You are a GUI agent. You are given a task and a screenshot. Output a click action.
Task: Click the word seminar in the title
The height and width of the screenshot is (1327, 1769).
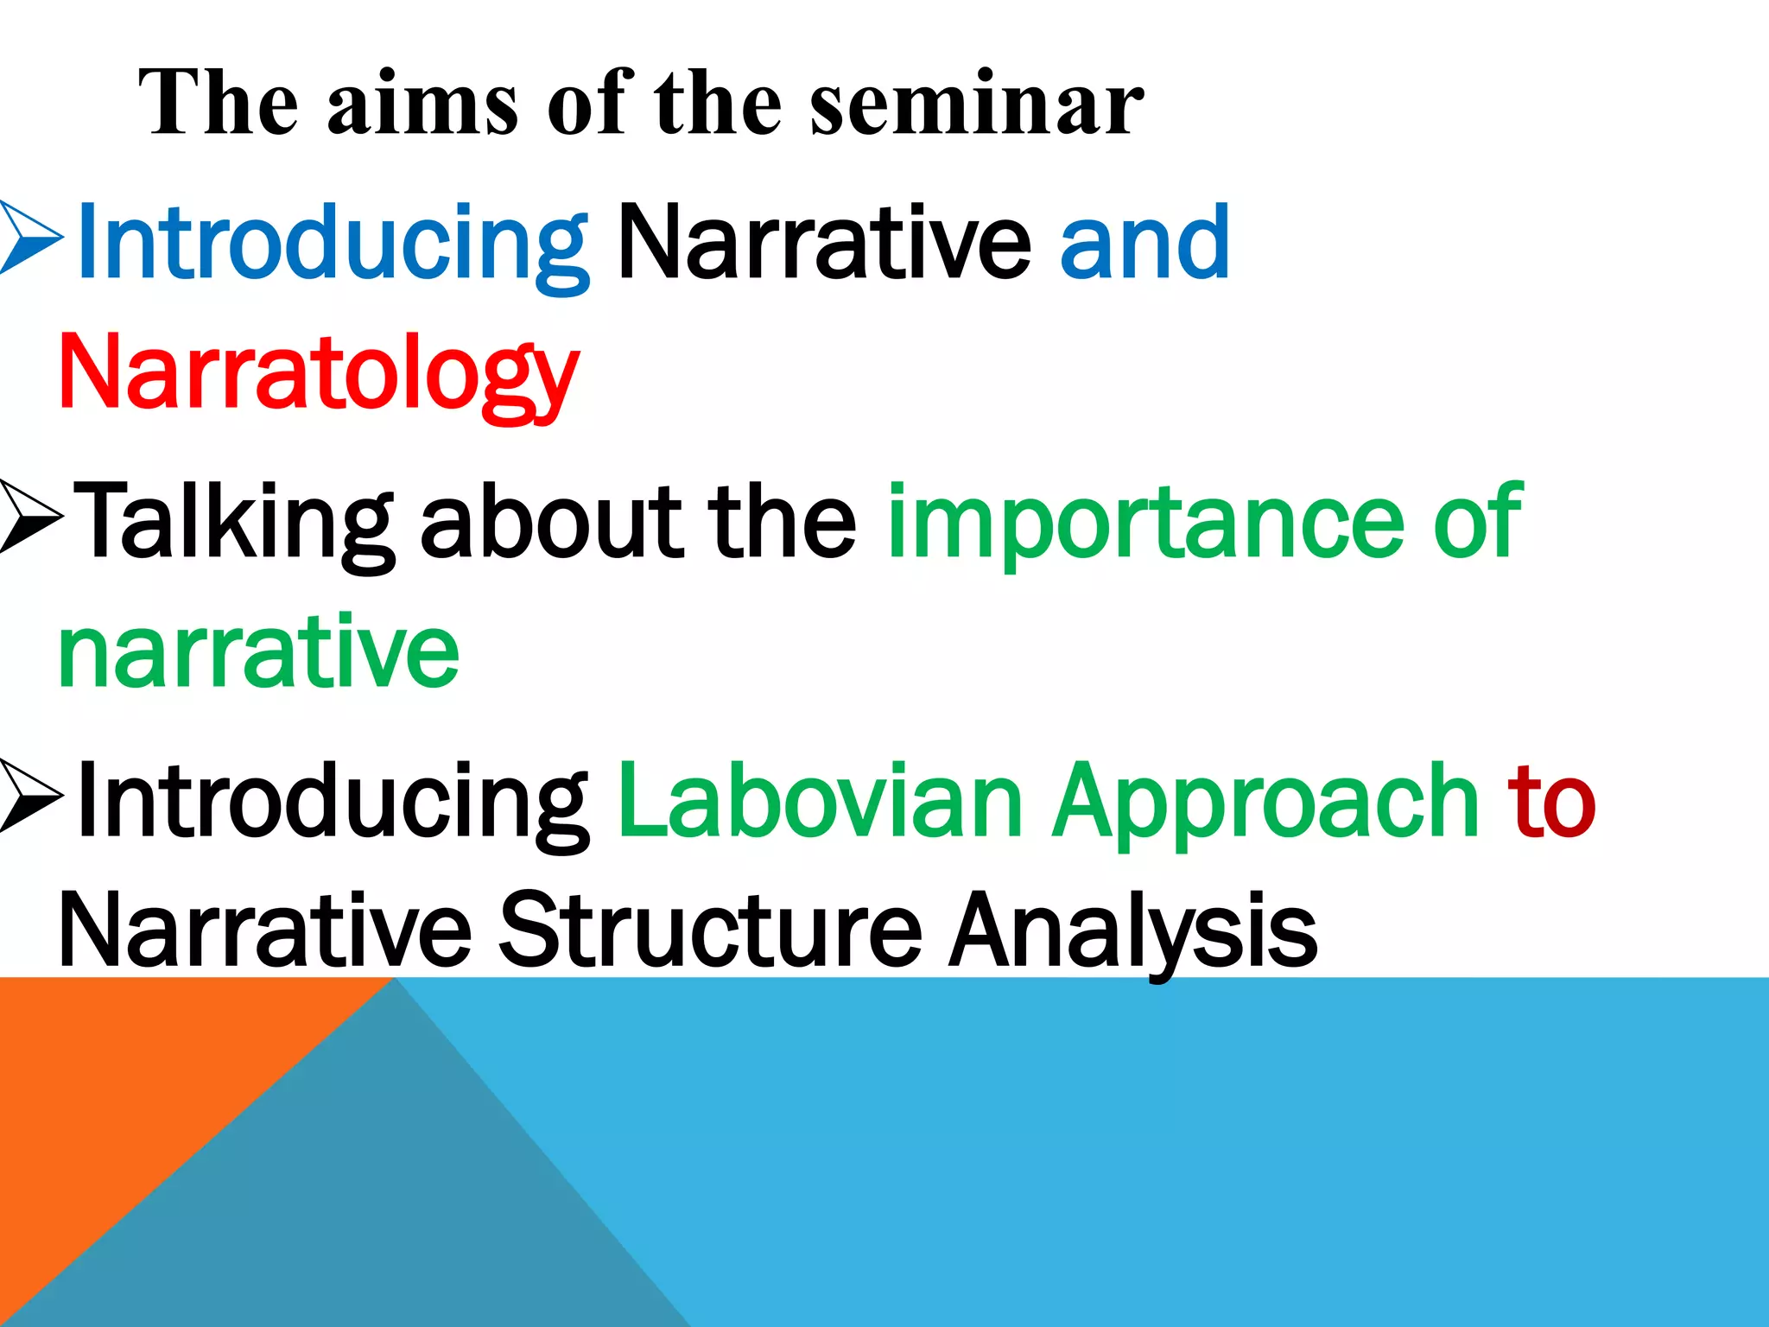977,105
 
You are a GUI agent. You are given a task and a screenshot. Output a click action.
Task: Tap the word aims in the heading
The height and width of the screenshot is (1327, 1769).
422,105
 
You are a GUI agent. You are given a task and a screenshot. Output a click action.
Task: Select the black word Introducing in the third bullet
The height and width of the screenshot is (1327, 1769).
333,802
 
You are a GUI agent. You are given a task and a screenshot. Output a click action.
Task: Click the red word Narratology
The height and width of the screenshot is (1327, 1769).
318,375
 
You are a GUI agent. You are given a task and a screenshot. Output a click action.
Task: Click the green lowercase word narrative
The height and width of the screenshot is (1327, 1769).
258,652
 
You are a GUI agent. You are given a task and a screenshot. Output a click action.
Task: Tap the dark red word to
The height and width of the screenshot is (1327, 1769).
1551,802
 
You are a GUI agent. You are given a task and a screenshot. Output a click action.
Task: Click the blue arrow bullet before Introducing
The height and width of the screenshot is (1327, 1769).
31,238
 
